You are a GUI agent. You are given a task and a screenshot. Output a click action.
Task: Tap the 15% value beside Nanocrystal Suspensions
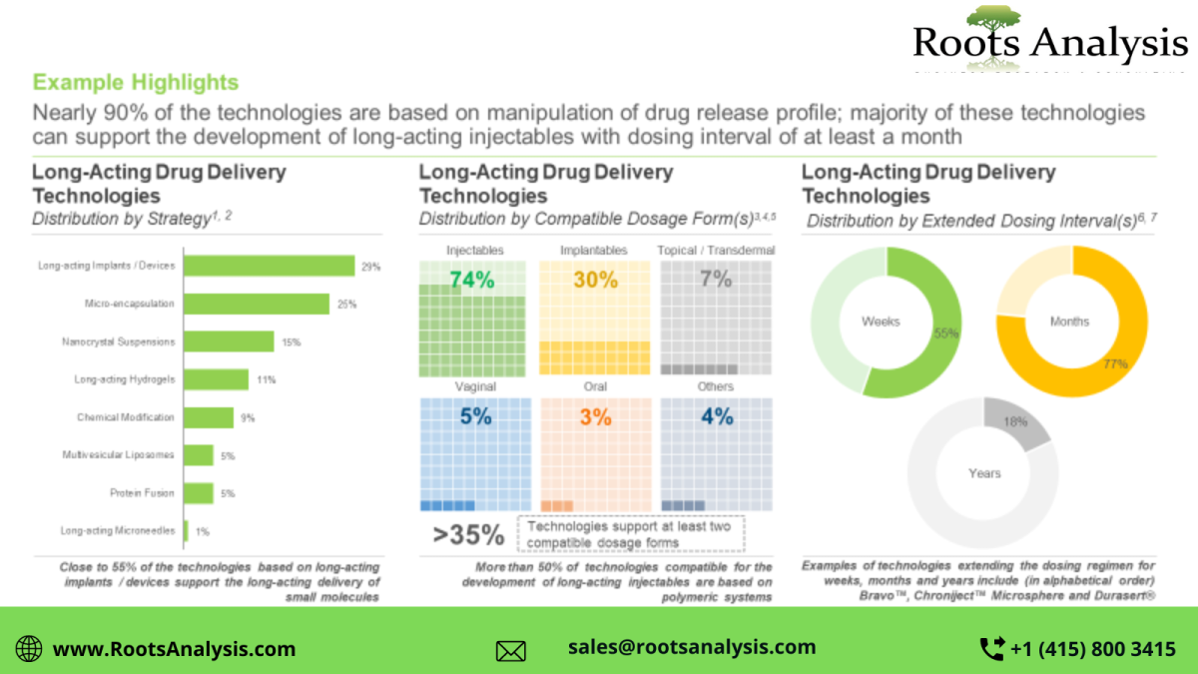pos(291,342)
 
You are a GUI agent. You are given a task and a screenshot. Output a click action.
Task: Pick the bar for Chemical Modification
pos(210,417)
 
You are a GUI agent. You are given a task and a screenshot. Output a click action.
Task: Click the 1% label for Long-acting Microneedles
pos(202,532)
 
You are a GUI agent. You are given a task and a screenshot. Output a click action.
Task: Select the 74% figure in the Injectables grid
pos(471,281)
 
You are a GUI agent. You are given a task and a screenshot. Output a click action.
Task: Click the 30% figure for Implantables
pos(596,281)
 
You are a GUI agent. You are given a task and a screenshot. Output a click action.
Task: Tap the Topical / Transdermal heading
pos(716,251)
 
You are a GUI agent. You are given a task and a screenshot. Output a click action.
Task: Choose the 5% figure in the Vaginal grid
pos(475,416)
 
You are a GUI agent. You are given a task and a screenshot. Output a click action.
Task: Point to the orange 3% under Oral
pos(596,417)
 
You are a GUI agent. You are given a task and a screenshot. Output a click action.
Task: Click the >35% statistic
pos(468,535)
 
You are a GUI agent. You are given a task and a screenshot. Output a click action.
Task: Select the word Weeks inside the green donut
pos(881,322)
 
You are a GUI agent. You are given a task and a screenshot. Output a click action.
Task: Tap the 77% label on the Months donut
pos(1115,364)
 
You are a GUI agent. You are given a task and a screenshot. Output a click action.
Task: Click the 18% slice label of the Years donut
pos(1014,422)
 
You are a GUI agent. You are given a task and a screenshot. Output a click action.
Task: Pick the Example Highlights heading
pos(136,82)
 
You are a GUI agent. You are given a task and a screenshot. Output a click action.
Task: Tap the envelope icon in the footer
pos(511,651)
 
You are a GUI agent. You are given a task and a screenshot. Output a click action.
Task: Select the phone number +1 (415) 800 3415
pos(1092,649)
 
